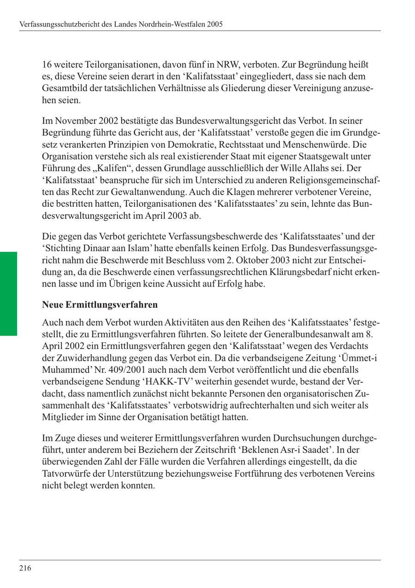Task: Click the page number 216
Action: pos(25,568)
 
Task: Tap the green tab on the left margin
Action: pos(8,293)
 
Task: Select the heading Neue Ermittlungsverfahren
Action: pos(100,305)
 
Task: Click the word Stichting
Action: pos(62,248)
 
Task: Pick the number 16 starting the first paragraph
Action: pos(47,64)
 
